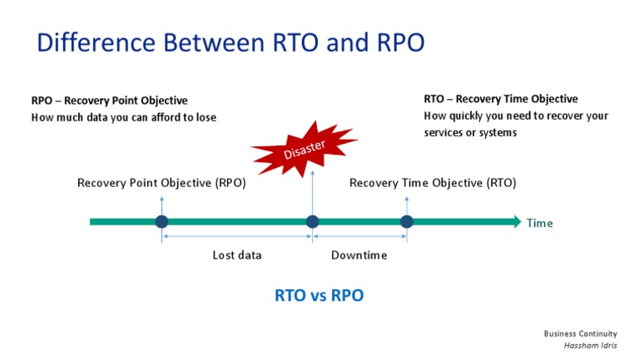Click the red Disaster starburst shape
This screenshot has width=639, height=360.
(303, 148)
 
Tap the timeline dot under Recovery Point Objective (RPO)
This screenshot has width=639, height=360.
(161, 221)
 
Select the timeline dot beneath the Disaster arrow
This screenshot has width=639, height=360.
(312, 221)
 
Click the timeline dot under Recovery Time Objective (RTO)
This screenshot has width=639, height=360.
(406, 221)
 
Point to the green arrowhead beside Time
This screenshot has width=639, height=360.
(513, 221)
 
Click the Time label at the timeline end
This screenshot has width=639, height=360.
(539, 223)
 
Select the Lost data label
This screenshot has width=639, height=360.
(236, 255)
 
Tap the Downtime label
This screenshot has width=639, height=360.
(359, 255)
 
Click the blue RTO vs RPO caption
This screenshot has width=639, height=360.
(319, 295)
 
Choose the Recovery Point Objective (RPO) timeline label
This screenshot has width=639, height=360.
(161, 183)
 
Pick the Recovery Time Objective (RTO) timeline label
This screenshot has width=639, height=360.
(432, 183)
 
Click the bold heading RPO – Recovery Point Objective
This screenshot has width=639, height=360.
(109, 101)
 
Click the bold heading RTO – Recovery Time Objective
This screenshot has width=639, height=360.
(500, 99)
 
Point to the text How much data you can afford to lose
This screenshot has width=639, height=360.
(123, 117)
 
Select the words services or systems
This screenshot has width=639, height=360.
(470, 132)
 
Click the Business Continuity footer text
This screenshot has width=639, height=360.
(580, 333)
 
